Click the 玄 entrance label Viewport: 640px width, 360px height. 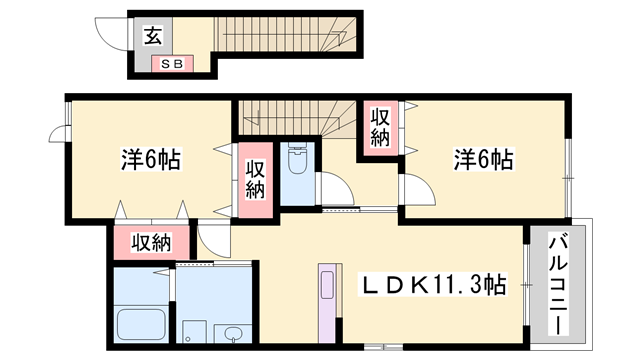(x=152, y=37)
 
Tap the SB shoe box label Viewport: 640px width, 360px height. (x=166, y=64)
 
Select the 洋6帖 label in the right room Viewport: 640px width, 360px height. (x=484, y=158)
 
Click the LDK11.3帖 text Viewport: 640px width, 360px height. (x=432, y=285)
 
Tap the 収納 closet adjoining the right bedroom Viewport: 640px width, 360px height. (x=380, y=127)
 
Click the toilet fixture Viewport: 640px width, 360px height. (x=297, y=161)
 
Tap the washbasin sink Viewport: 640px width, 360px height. (x=233, y=333)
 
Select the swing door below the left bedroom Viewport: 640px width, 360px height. (x=212, y=240)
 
